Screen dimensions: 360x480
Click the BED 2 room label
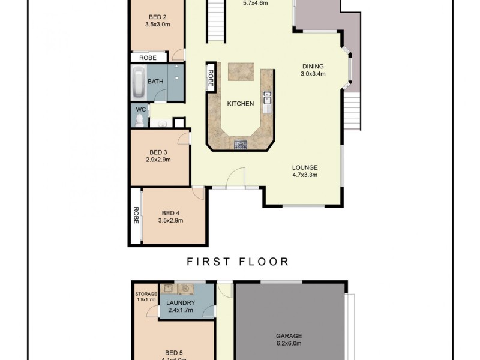tap(158, 17)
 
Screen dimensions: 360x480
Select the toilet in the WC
tap(140, 121)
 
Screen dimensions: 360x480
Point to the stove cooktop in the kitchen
tap(241, 144)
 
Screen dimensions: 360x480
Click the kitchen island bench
tap(241, 71)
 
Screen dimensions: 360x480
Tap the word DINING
tap(313, 67)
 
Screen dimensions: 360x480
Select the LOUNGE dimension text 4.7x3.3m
tap(305, 175)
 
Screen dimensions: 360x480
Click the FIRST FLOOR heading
tap(238, 262)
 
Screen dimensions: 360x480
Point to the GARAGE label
tap(289, 336)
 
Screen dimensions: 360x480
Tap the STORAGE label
tap(145, 294)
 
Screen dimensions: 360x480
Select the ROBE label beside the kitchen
tap(211, 78)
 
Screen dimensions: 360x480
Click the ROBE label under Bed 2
tap(148, 58)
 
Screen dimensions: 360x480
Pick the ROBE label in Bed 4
tap(136, 215)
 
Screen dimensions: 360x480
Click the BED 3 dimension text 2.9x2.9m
tap(158, 160)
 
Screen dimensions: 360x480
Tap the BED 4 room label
tap(170, 213)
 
